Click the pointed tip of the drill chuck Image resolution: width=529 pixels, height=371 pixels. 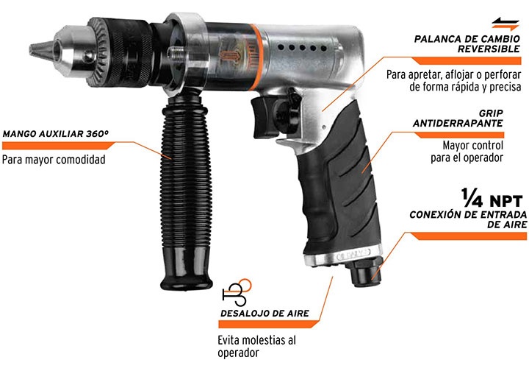[x=30, y=50]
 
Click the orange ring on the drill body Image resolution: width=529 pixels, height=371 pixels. [x=256, y=57]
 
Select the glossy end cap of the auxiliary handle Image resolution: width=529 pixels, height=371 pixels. [x=186, y=268]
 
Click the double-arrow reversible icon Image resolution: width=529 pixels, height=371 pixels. [x=505, y=24]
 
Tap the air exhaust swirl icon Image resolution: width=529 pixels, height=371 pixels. [x=237, y=292]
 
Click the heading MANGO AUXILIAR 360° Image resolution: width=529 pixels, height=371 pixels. [x=56, y=134]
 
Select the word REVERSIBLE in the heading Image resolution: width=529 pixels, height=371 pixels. [x=489, y=49]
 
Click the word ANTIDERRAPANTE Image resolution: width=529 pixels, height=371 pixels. [x=458, y=124]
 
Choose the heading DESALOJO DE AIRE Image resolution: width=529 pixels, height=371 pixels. [x=264, y=314]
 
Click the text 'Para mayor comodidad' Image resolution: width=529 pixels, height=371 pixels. [x=54, y=160]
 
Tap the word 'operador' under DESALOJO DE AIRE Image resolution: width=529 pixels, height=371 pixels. [x=238, y=353]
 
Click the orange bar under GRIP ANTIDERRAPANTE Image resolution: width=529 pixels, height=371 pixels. [x=458, y=135]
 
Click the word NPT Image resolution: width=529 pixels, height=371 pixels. [x=506, y=202]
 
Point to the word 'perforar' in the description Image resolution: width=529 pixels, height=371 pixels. [x=501, y=74]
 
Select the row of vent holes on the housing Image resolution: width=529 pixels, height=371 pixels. [x=302, y=48]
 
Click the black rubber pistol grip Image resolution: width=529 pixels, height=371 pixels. [x=341, y=183]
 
